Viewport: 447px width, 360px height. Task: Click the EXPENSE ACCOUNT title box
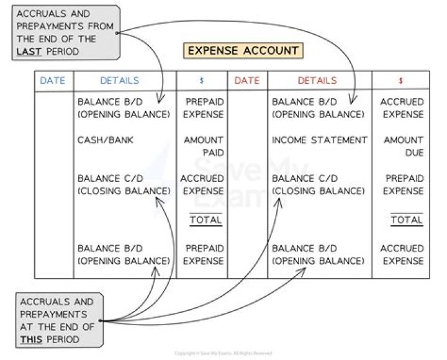[x=243, y=50]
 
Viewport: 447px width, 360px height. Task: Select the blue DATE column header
[x=53, y=81]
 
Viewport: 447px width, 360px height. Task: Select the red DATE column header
[x=247, y=81]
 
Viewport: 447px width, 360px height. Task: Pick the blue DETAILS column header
[x=120, y=81]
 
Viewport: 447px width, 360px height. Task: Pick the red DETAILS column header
[x=317, y=81]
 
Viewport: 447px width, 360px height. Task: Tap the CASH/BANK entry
[x=106, y=140]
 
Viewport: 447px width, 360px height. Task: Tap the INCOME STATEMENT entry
[x=319, y=140]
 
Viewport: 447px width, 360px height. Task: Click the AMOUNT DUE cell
[x=403, y=146]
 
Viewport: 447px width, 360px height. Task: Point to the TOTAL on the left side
[x=205, y=220]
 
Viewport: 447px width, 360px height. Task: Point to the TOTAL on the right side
[x=407, y=220]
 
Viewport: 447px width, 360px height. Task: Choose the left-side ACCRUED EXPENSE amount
[x=202, y=184]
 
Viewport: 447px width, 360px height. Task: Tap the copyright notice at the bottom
[x=223, y=353]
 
